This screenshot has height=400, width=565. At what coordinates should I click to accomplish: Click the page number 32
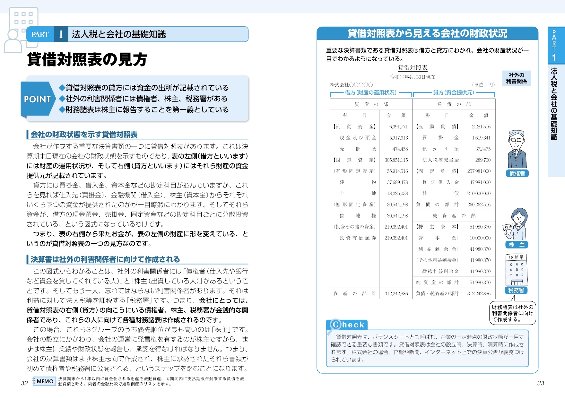24,383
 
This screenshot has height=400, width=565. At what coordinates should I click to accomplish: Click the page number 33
541,383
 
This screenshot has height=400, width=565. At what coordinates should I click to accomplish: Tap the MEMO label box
45,381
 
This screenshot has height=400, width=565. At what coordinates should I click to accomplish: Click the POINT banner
37,99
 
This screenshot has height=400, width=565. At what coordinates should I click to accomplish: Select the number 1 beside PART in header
61,34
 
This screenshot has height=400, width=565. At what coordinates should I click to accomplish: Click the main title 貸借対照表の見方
87,59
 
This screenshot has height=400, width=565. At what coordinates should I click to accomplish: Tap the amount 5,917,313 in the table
398,138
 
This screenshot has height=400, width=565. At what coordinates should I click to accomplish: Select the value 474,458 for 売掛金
400,149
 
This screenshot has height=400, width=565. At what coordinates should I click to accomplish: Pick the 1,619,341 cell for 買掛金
481,138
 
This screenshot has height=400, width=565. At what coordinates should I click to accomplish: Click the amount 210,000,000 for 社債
479,193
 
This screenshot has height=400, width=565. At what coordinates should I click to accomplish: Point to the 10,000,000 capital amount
480,238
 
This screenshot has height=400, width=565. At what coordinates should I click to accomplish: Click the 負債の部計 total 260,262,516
479,204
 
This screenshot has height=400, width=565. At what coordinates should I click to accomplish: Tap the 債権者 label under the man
517,173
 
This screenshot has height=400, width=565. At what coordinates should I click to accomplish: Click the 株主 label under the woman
517,245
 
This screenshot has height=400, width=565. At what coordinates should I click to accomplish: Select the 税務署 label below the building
516,290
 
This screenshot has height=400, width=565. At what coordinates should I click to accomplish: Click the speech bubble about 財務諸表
512,313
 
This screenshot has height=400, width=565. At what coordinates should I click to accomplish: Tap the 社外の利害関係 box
517,78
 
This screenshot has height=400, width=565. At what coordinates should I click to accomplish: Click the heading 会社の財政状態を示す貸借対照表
84,135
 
